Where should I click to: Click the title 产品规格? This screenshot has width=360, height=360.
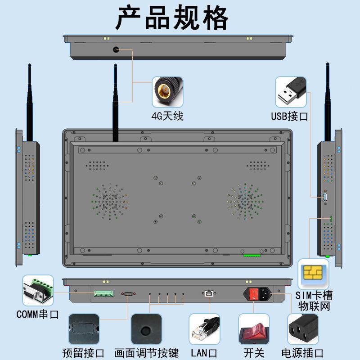[172, 18]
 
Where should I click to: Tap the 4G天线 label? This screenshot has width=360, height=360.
[167, 116]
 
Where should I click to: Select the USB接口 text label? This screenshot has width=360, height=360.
[289, 117]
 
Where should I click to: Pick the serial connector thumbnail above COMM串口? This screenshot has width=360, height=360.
[38, 291]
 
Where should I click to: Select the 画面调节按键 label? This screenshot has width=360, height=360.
[147, 353]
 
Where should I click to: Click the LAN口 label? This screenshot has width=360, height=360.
[204, 353]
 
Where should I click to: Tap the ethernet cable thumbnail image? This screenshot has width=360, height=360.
[204, 329]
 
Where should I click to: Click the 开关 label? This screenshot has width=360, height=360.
[254, 353]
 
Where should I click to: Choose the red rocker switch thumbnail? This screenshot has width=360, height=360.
[253, 330]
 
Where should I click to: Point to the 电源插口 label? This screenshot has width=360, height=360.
[302, 353]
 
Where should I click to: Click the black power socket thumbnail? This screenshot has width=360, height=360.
[302, 329]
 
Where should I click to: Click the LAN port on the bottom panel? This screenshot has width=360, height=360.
[209, 294]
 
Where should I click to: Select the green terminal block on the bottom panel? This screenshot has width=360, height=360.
[103, 293]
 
